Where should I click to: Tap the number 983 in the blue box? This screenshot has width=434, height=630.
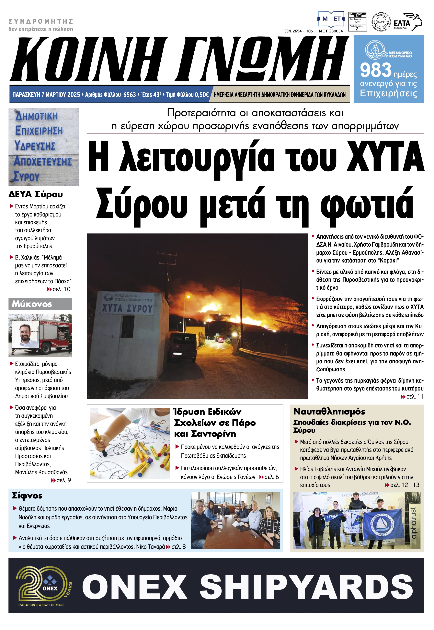(376, 70)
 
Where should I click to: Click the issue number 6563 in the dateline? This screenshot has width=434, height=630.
(130, 95)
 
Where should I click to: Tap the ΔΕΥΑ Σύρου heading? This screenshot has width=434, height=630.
(36, 194)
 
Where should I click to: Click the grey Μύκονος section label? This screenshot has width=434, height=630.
(40, 304)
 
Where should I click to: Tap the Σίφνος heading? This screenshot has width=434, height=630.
(27, 496)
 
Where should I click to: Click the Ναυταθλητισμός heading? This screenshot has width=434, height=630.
(329, 411)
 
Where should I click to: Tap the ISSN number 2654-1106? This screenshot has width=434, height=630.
(298, 31)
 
